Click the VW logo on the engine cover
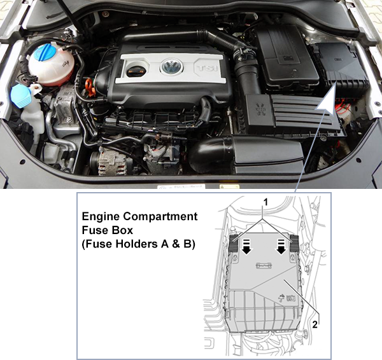click(x=172, y=66)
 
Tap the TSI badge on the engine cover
click(x=207, y=68)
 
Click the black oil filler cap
click(x=136, y=71)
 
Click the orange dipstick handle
click(x=89, y=87)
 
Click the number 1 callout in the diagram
click(x=265, y=202)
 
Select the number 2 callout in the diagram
click(x=315, y=324)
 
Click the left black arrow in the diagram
click(x=247, y=247)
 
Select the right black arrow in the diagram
click(x=281, y=247)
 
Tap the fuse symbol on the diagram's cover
click(x=264, y=265)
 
